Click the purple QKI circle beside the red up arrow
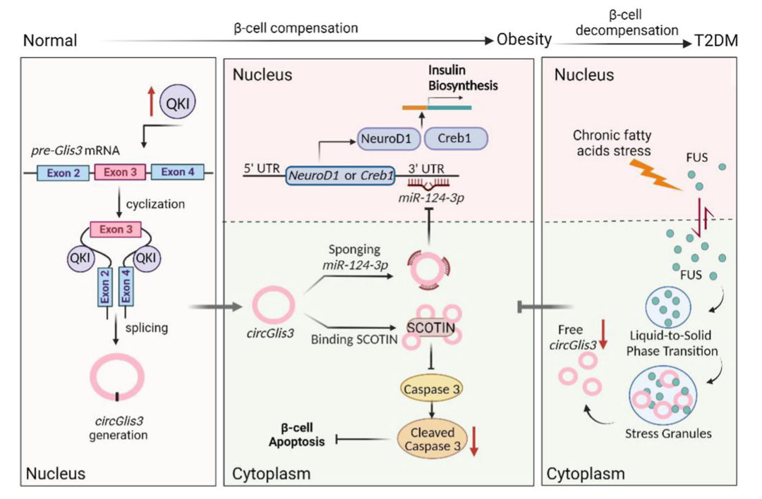[178, 102]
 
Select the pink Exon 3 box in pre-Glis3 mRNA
[120, 172]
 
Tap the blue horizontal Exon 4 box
[177, 172]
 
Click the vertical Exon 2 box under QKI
[105, 287]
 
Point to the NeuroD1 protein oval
[386, 139]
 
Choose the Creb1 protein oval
[456, 138]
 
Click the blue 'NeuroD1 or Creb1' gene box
[341, 175]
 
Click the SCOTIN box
[431, 328]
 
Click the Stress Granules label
[668, 433]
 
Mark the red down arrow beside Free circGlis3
[603, 335]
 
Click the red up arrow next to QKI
[152, 101]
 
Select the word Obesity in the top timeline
[524, 39]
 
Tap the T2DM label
[716, 41]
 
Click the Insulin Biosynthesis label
[463, 78]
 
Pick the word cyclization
[155, 204]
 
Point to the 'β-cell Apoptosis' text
[297, 435]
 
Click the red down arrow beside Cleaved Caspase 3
[474, 441]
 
